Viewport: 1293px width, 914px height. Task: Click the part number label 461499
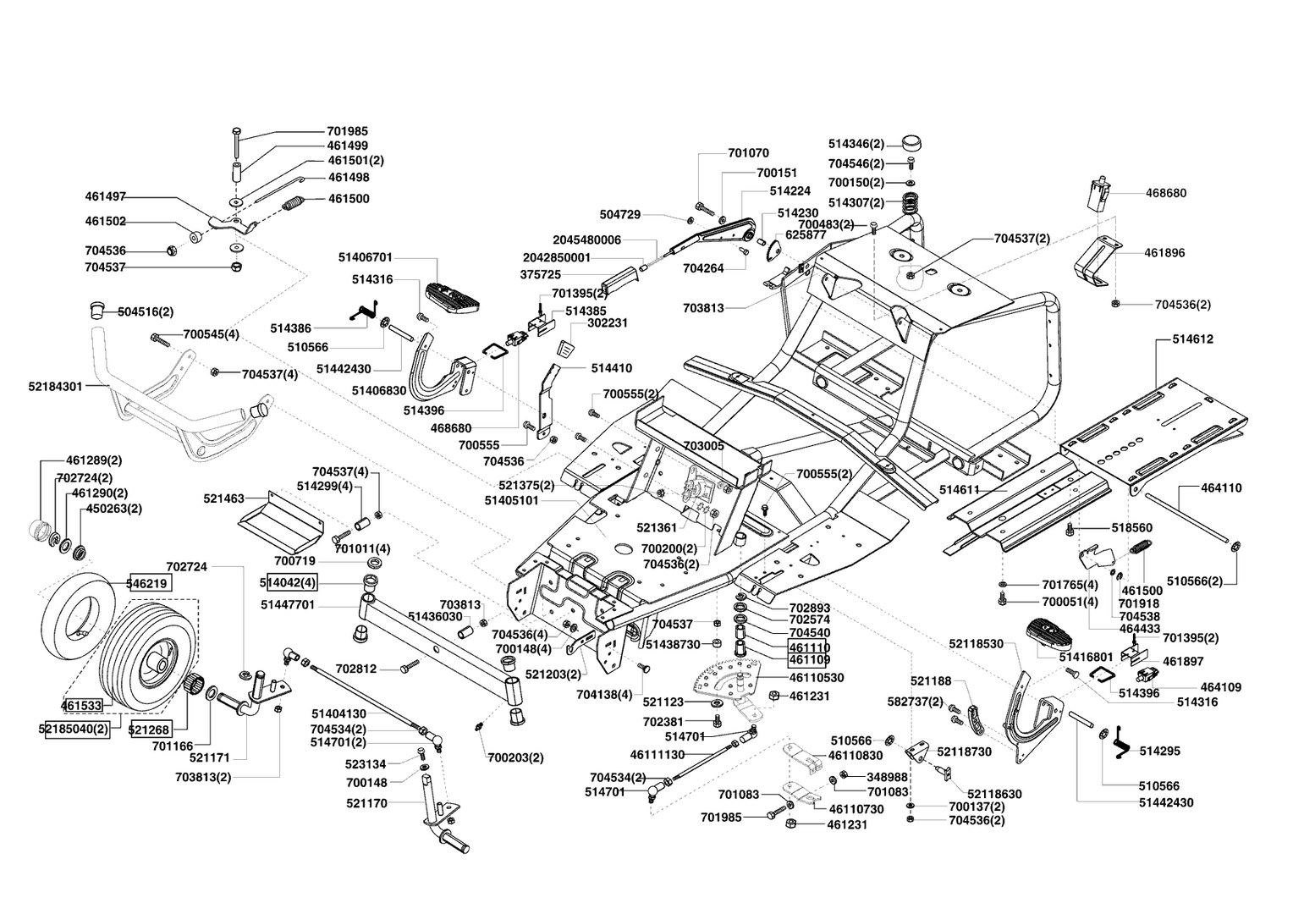348,146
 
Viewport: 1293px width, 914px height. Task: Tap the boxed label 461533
81,704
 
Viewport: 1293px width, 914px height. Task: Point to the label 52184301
55,387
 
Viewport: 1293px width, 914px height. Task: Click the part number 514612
1193,339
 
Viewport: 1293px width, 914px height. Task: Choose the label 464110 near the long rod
1221,487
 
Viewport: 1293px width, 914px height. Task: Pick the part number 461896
1165,252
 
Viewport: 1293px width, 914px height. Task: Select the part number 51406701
366,256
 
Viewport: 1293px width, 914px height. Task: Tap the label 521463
223,499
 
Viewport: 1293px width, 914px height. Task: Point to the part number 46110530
817,678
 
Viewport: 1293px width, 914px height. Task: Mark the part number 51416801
1087,656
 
